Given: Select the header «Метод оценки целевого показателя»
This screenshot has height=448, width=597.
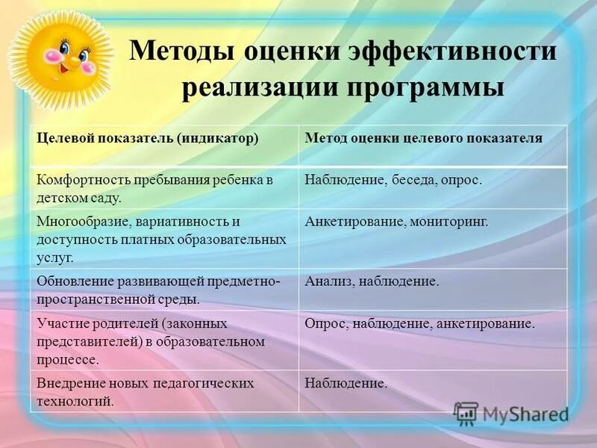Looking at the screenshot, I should pos(423,139).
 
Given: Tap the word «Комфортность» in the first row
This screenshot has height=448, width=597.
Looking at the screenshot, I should pos(83,181).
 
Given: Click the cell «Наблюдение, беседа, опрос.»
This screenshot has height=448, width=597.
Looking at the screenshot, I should pos(393,181).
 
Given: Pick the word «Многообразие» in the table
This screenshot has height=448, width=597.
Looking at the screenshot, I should pos(82,223).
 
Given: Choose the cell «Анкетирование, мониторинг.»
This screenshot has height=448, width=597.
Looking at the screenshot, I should pos(396,223).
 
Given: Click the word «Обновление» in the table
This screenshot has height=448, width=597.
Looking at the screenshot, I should pos(75,281).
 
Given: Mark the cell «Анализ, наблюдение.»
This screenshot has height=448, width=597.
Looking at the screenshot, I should pos(372,281).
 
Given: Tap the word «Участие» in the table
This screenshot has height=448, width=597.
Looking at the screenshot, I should pos(62,324).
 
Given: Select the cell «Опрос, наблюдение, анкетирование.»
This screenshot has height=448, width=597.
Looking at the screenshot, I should pos(419,324).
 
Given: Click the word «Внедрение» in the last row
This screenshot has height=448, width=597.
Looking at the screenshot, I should pos(69,383).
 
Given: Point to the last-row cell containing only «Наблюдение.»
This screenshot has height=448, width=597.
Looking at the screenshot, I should pos(346,383).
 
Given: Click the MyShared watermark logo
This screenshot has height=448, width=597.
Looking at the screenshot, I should pos(511,414).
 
